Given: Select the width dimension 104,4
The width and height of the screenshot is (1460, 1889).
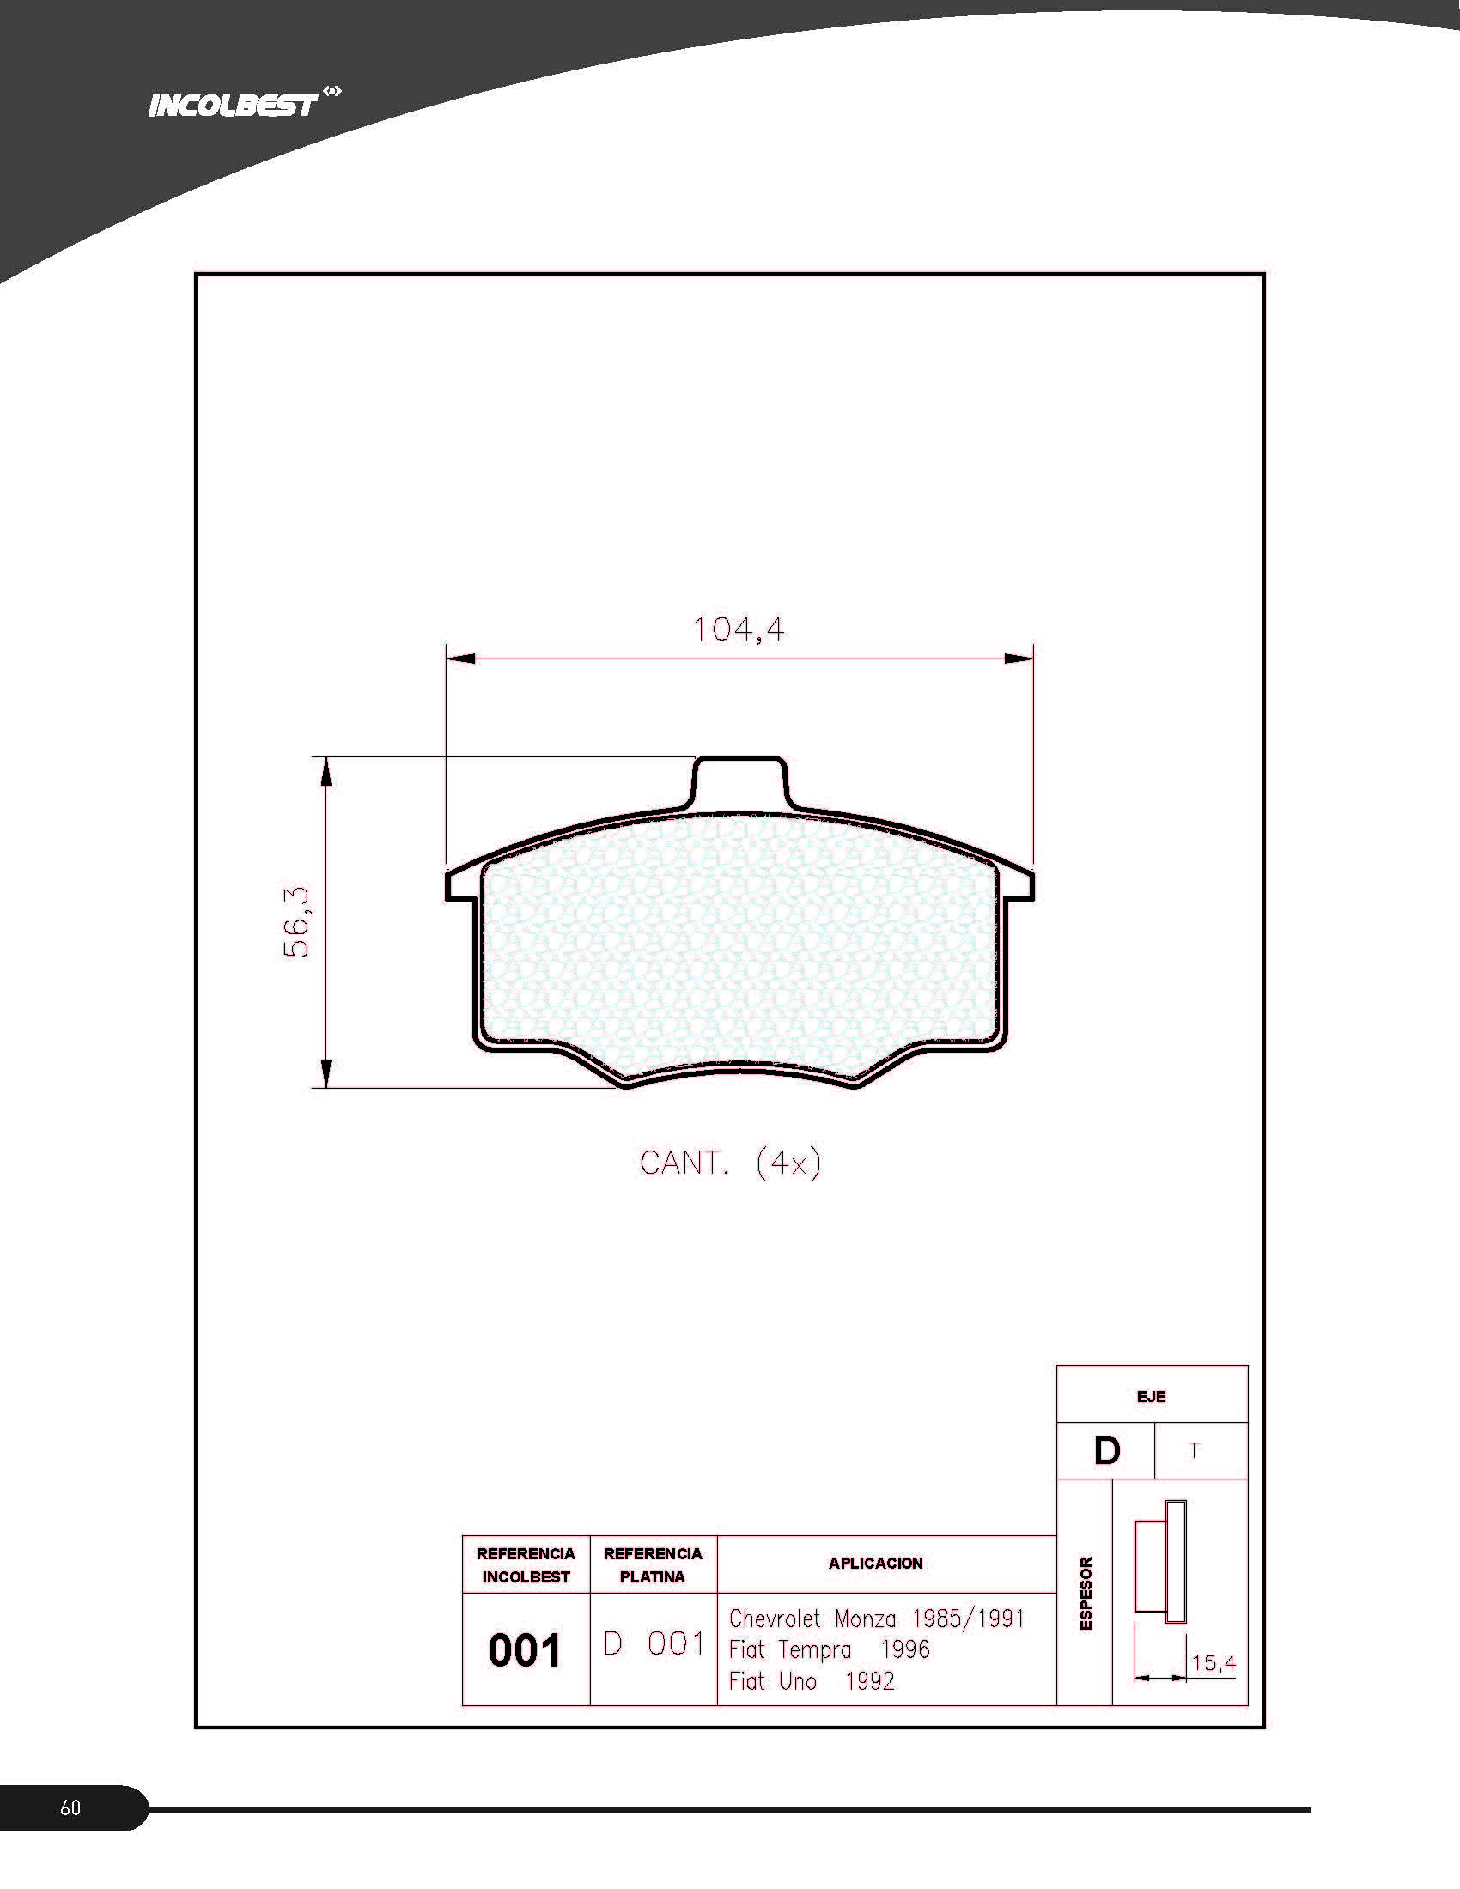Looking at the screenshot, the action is coord(739,629).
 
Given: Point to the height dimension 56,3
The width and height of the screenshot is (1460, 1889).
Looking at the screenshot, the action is coord(295,922).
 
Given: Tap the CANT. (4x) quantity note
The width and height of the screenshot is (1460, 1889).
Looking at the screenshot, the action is coord(730,1163).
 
